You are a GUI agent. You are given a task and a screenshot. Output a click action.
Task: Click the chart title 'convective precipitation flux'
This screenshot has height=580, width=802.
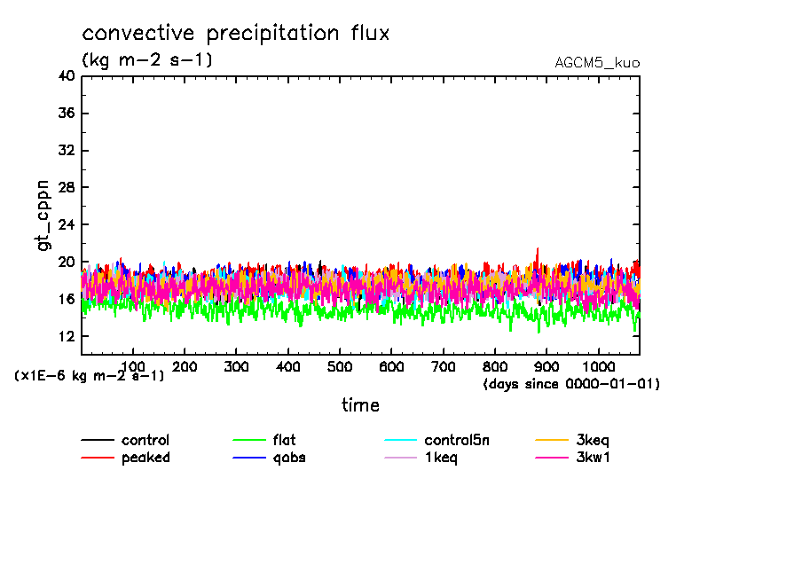(x=235, y=34)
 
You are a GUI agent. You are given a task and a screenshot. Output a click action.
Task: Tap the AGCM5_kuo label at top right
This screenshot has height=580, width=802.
(x=596, y=63)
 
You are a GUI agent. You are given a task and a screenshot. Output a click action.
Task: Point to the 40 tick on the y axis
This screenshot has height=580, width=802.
(x=67, y=76)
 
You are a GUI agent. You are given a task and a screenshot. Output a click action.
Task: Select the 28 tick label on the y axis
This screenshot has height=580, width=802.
(x=67, y=188)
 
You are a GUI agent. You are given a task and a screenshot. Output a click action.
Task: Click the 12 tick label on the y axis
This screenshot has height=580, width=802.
(x=67, y=336)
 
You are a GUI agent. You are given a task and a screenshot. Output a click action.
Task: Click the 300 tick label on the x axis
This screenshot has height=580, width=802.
(x=236, y=367)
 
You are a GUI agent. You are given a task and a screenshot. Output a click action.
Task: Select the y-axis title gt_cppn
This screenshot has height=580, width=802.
(x=43, y=215)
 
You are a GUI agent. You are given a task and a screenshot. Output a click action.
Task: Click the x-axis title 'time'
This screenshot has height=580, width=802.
(x=360, y=405)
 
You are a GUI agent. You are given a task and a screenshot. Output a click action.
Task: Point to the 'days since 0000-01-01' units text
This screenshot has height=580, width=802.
(x=571, y=384)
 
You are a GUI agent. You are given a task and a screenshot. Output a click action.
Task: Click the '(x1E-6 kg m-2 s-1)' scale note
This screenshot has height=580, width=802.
(x=90, y=376)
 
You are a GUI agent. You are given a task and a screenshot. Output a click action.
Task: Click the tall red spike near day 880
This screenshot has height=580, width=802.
(x=538, y=251)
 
